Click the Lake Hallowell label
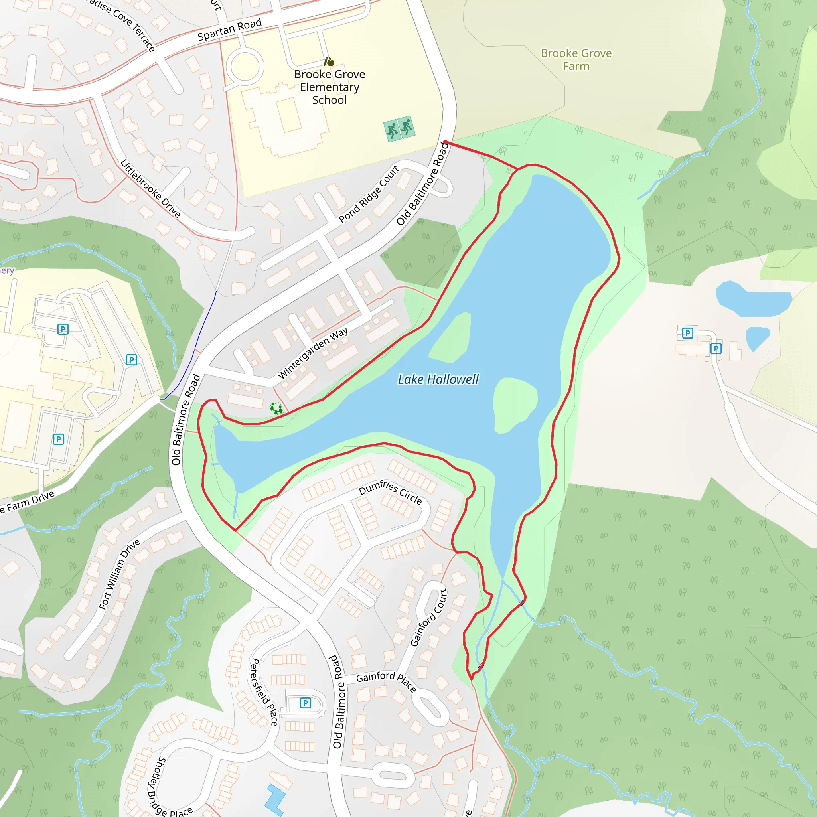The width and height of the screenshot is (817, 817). point(438,379)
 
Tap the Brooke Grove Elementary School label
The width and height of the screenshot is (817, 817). point(330,87)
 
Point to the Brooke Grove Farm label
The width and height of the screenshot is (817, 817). point(576,59)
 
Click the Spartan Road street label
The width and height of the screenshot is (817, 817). point(230,30)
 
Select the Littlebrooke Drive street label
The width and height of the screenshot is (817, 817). point(150,188)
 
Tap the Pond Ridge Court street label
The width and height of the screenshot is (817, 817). point(369,194)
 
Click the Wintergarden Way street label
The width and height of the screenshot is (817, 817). point(313,353)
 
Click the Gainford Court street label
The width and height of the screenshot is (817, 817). point(429,618)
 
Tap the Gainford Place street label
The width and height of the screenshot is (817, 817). point(386,681)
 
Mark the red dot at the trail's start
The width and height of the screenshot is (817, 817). point(445,142)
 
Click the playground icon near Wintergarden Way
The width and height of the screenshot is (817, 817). point(276,408)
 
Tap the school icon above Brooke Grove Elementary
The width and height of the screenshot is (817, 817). point(329,62)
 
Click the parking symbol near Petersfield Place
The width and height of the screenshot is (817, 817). point(305,703)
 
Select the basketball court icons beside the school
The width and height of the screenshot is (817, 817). point(399,128)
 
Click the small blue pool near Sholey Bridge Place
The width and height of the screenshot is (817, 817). point(275,799)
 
